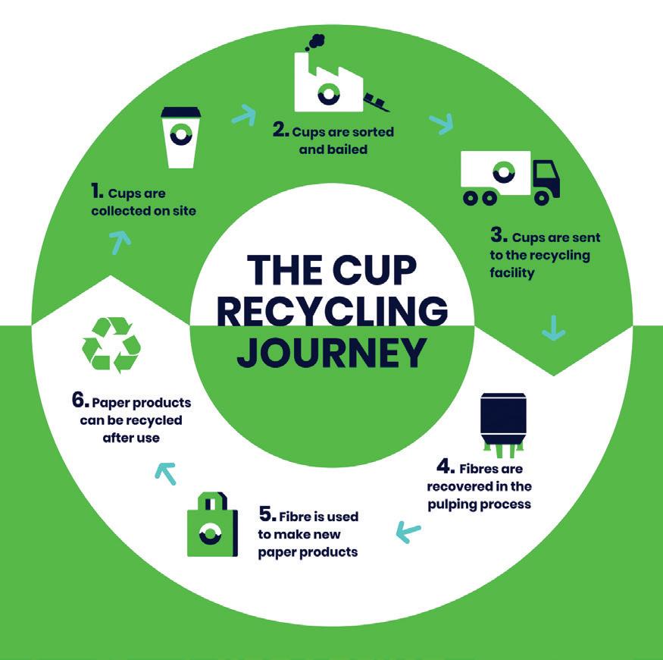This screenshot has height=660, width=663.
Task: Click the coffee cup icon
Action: click(181, 138)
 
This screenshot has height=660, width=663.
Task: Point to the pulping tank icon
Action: click(503, 422)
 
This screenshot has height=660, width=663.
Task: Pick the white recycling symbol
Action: click(111, 346)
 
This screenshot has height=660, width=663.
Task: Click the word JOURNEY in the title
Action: click(330, 353)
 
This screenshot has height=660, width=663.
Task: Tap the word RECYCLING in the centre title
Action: click(332, 311)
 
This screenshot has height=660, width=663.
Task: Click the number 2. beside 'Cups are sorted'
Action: click(281, 130)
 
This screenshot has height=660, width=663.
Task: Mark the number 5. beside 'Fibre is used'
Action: click(267, 515)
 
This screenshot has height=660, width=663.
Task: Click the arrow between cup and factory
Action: click(243, 115)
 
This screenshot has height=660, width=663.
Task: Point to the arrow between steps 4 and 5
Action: click(408, 533)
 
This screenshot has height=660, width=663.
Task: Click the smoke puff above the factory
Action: click(312, 41)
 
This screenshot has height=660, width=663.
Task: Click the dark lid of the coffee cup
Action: click(181, 112)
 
